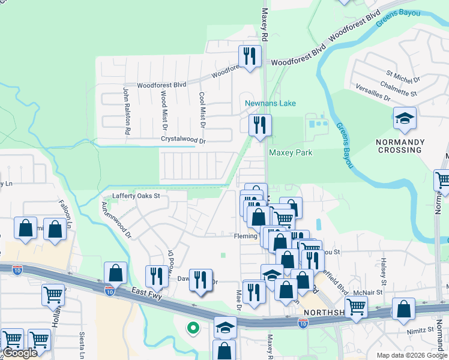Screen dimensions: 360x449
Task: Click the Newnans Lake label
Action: [270, 103]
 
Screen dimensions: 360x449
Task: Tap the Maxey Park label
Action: [291, 153]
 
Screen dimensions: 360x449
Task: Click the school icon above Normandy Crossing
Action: [405, 119]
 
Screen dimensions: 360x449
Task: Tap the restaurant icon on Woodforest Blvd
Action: [249, 56]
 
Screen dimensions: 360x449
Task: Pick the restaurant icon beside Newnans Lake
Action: [260, 125]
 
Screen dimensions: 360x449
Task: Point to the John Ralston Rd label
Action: [127, 110]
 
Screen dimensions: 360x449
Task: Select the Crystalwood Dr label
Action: [183, 141]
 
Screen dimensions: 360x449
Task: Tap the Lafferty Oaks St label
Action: [137, 196]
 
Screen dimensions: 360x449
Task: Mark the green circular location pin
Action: [193, 328]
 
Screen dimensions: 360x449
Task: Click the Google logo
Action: [20, 353]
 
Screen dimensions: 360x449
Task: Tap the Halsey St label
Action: [382, 272]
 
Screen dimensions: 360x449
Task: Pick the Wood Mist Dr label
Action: [164, 109]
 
